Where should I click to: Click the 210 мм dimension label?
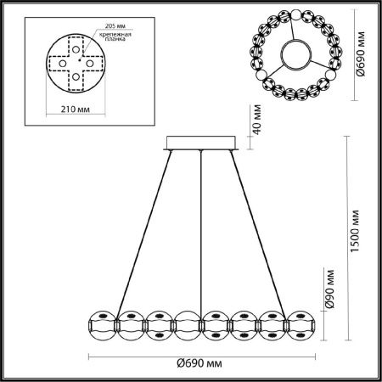pyautogui.click(x=76, y=110)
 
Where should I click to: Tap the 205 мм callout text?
pyautogui.click(x=115, y=26)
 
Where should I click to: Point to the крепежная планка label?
pyautogui.click(x=115, y=37)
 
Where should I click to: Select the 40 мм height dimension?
pyautogui.click(x=256, y=120)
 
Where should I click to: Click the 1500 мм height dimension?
pyautogui.click(x=354, y=231)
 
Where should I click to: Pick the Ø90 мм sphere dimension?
pyautogui.click(x=330, y=289)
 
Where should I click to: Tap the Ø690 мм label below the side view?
pyautogui.click(x=199, y=363)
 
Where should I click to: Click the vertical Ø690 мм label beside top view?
pyautogui.click(x=361, y=53)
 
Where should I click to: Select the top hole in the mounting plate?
pyautogui.click(x=76, y=49)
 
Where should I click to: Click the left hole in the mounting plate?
pyautogui.click(x=63, y=64)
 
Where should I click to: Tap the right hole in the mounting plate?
pyautogui.click(x=90, y=64)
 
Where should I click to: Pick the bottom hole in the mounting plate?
pyautogui.click(x=76, y=76)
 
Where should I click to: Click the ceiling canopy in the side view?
pyautogui.click(x=201, y=143)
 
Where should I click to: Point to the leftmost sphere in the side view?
pyautogui.click(x=102, y=326)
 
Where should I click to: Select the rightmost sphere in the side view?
pyautogui.click(x=301, y=326)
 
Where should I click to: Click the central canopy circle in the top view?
pyautogui.click(x=296, y=54)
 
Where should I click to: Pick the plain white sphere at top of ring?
pyautogui.click(x=296, y=14)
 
